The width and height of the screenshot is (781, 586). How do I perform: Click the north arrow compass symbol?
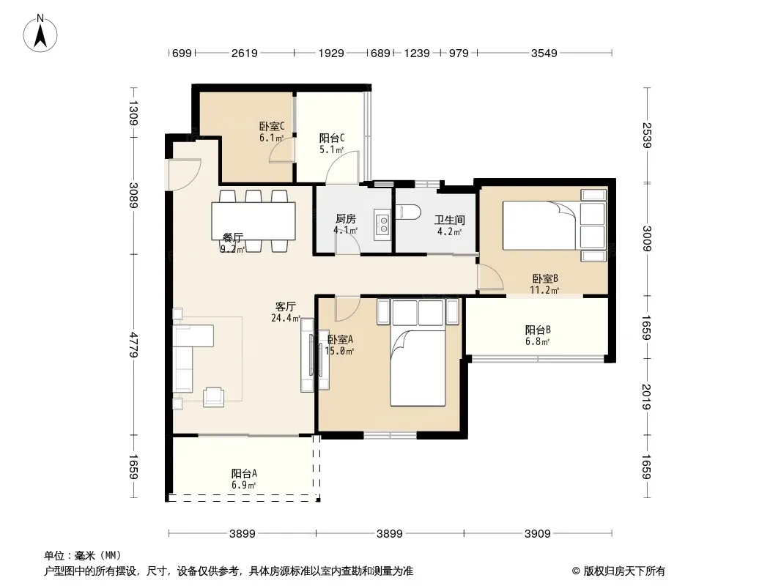coord(40,34)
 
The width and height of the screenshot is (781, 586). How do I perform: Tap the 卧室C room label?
coord(272,127)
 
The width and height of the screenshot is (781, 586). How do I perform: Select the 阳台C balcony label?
coord(332,138)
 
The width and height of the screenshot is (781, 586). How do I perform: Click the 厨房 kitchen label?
coord(346,218)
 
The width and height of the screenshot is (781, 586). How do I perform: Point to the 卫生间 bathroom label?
coord(450,220)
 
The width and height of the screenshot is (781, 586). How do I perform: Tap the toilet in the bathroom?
coord(408,212)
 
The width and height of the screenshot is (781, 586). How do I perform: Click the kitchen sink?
coord(382,224)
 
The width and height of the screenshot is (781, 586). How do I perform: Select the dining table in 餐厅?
coord(253,221)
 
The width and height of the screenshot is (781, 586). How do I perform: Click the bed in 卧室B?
coord(554,225)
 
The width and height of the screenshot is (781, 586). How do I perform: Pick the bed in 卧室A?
coord(418,352)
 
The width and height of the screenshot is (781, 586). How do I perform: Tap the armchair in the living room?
coord(214,397)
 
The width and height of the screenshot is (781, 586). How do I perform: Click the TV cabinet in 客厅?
coord(307,355)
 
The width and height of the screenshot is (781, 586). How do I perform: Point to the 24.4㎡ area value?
coord(286,318)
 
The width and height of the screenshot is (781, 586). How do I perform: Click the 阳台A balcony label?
coord(244,473)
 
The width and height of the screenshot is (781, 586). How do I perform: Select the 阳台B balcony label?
coord(538,330)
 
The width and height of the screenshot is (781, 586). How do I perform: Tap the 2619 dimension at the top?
coord(245,53)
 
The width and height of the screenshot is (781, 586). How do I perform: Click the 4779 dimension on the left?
coord(133,344)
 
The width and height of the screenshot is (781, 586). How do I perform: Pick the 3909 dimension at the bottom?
coord(538,534)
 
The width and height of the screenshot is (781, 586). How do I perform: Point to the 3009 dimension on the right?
coord(646,239)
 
